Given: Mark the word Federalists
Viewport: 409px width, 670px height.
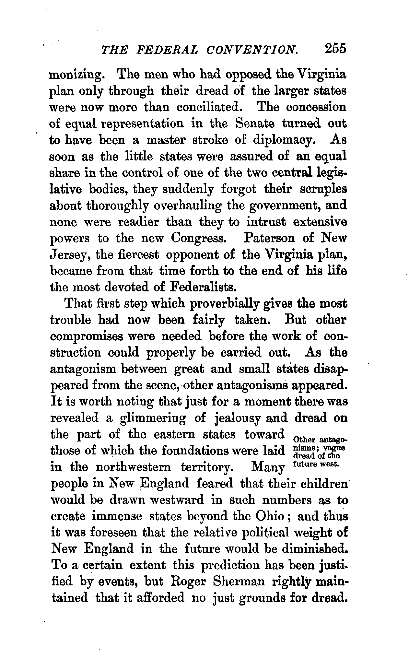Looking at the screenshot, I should [201, 287].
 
